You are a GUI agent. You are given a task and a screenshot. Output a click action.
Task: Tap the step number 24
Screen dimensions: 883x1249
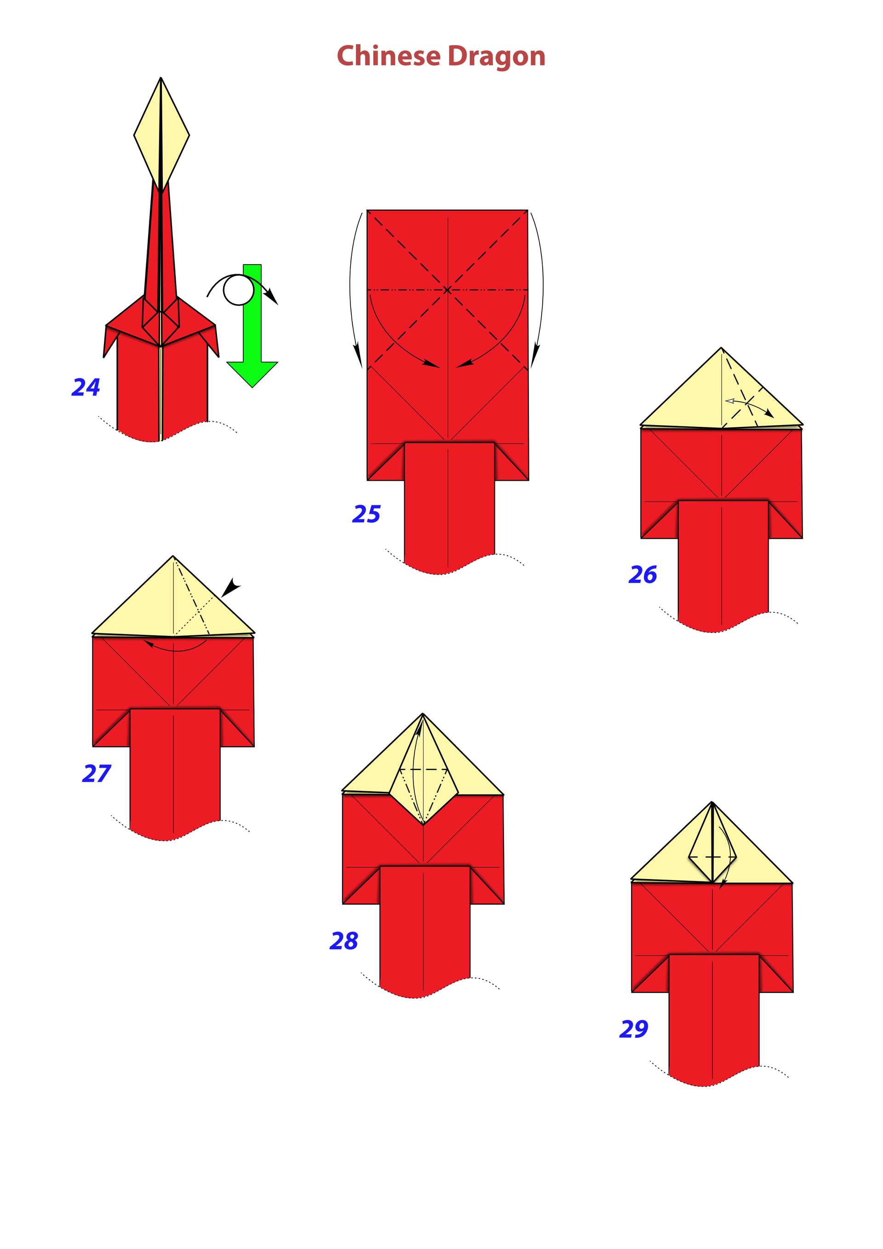click(86, 387)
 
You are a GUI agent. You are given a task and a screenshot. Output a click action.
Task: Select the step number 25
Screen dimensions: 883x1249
click(367, 514)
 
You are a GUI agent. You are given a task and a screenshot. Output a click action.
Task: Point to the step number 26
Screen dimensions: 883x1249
click(642, 575)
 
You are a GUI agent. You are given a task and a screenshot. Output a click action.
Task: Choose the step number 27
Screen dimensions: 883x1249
click(96, 773)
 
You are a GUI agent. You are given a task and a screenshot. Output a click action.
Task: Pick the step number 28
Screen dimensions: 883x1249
click(344, 941)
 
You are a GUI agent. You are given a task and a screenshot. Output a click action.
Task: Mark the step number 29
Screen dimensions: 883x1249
click(634, 1029)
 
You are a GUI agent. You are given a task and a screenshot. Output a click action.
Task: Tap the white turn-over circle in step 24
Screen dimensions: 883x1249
click(239, 290)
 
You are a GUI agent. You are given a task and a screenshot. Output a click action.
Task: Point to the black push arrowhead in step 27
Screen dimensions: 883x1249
click(230, 587)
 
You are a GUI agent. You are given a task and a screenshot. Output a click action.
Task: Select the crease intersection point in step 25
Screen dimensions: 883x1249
click(447, 290)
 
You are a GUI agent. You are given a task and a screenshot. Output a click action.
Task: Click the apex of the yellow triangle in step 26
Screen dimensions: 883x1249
click(722, 348)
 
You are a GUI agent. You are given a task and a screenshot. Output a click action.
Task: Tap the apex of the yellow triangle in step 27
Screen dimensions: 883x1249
click(173, 556)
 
